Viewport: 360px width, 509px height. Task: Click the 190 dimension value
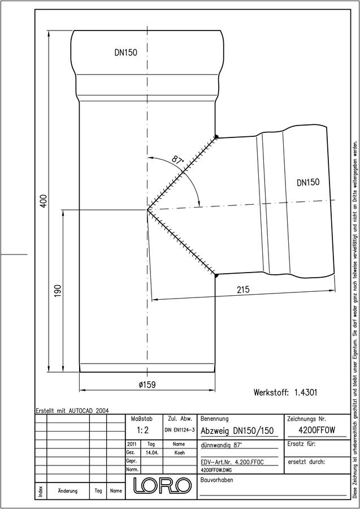[x=58, y=291]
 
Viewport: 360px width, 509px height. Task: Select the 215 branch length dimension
[x=243, y=289]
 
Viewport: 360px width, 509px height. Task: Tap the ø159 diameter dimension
[x=147, y=385]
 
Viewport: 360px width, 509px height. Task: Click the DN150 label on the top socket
[x=126, y=53]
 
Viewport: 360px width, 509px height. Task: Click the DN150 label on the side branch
[x=308, y=183]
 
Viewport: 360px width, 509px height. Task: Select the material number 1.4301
[x=306, y=392]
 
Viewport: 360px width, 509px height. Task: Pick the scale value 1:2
[x=142, y=430]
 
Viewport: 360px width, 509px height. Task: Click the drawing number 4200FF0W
[x=316, y=430]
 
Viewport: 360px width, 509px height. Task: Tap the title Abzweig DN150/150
[x=237, y=431]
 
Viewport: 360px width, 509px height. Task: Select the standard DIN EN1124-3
[x=180, y=430]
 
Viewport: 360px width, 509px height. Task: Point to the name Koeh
[x=180, y=453]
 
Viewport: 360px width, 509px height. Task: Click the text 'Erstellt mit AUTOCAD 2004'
[x=72, y=411]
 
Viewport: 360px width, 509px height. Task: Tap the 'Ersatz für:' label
[x=302, y=444]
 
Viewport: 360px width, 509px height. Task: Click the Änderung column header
[x=67, y=491]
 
